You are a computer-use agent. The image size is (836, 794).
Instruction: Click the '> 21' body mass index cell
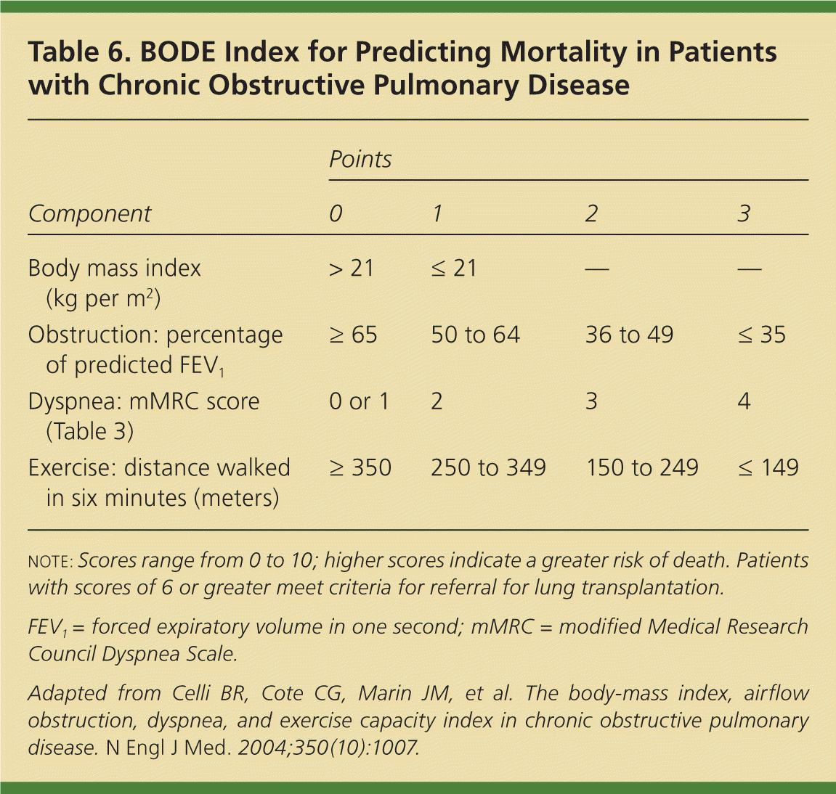tap(352, 269)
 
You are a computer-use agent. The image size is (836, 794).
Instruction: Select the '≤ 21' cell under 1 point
tap(454, 269)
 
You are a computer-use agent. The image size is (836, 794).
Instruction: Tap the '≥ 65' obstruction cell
tap(353, 335)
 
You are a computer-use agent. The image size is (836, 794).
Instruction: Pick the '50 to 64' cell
tap(476, 335)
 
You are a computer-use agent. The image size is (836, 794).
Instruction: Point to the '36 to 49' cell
tap(630, 335)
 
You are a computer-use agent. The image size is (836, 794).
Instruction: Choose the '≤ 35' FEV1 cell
tap(762, 335)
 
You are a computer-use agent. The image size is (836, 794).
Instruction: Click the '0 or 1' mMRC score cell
tap(359, 401)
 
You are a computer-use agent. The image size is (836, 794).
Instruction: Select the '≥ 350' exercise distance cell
tap(360, 467)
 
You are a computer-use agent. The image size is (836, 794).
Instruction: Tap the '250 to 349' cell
tap(488, 467)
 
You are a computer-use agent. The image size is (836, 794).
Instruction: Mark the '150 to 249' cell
tap(642, 467)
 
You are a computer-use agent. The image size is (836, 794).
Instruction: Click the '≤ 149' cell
tap(768, 467)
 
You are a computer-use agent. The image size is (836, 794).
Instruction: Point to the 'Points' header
tap(360, 159)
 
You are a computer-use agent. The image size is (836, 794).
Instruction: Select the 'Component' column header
tap(89, 213)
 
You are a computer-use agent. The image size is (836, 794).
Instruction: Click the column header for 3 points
tap(744, 213)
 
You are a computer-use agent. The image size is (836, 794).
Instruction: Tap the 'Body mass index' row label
tap(114, 269)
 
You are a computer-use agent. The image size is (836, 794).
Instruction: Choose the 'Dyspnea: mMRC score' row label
tap(143, 401)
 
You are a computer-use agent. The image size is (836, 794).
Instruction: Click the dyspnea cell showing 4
tap(744, 401)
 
